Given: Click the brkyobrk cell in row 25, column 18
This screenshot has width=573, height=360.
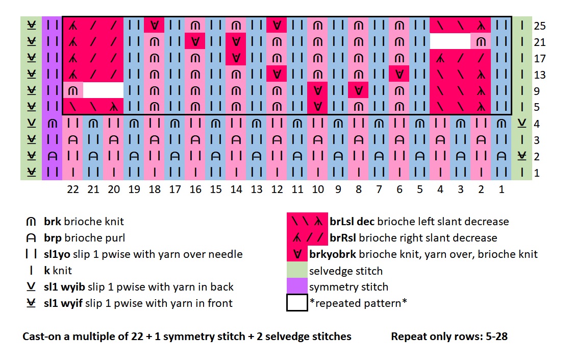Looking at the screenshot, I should pyautogui.click(x=154, y=25).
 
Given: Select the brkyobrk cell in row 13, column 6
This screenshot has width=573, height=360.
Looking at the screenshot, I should pyautogui.click(x=399, y=75).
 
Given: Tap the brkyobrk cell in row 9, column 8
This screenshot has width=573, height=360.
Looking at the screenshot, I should pyautogui.click(x=358, y=91).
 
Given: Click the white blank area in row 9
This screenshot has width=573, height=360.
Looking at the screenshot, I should pyautogui.click(x=103, y=90).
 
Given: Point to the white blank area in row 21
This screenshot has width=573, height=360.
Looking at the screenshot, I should pyautogui.click(x=450, y=41).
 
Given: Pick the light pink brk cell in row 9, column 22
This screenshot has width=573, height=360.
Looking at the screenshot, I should pyautogui.click(x=73, y=91).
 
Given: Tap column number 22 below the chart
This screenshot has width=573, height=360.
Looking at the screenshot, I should pyautogui.click(x=73, y=189).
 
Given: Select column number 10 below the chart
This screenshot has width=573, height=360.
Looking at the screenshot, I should pyautogui.click(x=317, y=189).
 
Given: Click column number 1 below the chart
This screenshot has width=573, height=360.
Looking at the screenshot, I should pyautogui.click(x=501, y=189).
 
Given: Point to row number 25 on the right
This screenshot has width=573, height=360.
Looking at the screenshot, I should pyautogui.click(x=540, y=26).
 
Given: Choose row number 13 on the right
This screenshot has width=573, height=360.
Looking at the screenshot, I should pyautogui.click(x=540, y=75).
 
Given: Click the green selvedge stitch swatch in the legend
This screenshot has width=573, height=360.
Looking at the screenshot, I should pyautogui.click(x=297, y=271).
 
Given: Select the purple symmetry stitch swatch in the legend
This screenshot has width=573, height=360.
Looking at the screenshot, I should pyautogui.click(x=297, y=287).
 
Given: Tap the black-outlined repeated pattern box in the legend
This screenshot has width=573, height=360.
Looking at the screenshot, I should pyautogui.click(x=297, y=303).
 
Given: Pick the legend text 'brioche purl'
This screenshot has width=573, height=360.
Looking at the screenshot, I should pyautogui.click(x=100, y=238).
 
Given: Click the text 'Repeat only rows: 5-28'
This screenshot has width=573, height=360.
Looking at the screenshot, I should pyautogui.click(x=449, y=337).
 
